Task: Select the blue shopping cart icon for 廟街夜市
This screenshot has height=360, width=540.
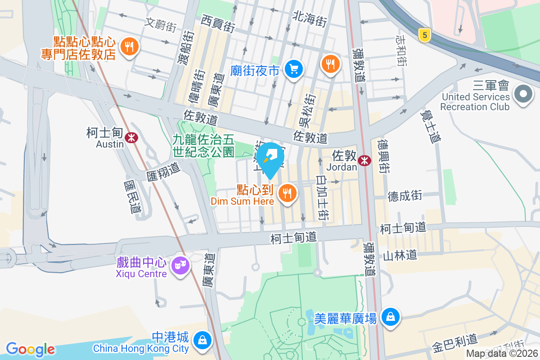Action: point(295,69)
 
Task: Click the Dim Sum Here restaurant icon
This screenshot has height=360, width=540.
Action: point(287,193)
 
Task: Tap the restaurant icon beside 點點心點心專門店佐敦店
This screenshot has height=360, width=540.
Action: point(129,46)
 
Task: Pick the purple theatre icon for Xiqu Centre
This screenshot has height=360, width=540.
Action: point(180,266)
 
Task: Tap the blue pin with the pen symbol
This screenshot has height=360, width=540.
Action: point(270,157)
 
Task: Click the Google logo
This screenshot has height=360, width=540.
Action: point(30,349)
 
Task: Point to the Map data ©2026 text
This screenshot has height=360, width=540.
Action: point(502,354)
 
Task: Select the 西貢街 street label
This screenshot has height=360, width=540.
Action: point(218,23)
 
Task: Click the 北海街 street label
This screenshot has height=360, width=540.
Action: point(309,19)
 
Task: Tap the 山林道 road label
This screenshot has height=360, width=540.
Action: point(400,255)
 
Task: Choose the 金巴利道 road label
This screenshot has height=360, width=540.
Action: point(454,342)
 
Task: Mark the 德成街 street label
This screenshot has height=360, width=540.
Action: point(405,195)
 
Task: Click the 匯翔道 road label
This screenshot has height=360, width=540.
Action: point(163,172)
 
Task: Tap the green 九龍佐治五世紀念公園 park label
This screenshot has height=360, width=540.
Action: point(203,146)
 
